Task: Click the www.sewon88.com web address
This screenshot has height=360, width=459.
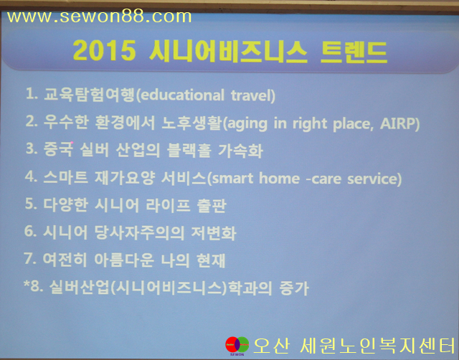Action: (x=99, y=17)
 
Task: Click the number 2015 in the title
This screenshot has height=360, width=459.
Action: (x=104, y=51)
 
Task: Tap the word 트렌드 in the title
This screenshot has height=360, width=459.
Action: (x=354, y=52)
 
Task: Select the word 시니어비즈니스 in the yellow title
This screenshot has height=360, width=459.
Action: (x=228, y=52)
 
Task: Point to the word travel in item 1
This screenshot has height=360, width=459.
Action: (x=250, y=95)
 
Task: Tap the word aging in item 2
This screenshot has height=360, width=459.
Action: (x=247, y=124)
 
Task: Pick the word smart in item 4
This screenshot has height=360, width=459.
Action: (x=232, y=179)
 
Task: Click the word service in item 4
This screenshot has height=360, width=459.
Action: (x=372, y=179)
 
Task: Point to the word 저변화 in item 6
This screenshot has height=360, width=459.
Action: (x=214, y=233)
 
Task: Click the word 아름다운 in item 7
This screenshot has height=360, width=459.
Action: (x=124, y=260)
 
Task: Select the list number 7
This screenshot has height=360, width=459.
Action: (x=30, y=258)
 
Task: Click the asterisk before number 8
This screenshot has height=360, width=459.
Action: (x=27, y=283)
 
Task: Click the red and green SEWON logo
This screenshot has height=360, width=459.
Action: (x=237, y=345)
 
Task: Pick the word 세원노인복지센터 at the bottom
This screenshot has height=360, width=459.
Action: (x=378, y=346)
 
